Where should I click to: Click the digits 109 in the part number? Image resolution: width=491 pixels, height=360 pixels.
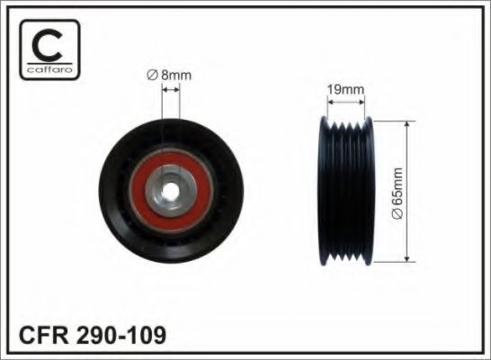(x=147, y=337)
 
